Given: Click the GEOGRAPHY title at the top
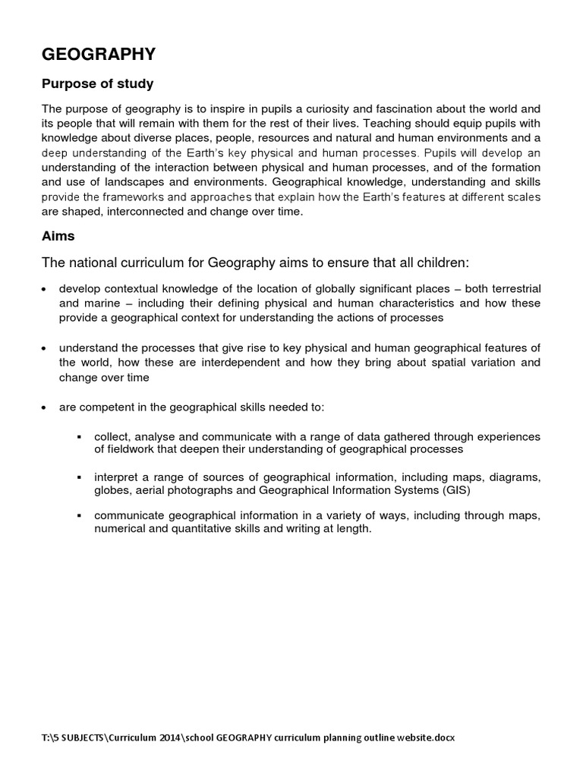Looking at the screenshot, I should (x=99, y=54).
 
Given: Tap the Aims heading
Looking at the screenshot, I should (x=58, y=237).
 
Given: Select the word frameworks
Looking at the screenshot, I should (x=137, y=197).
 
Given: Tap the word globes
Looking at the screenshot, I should (x=112, y=490).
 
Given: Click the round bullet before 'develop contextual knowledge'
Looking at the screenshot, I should (x=44, y=290).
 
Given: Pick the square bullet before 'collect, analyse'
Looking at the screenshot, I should (x=79, y=437).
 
